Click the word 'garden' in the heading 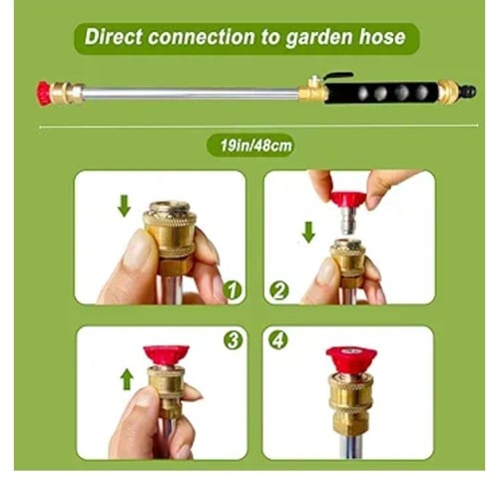(319, 38)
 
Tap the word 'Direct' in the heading (114, 36)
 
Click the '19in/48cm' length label (255, 146)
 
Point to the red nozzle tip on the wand (43, 93)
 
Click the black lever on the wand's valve (337, 77)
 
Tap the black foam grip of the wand (381, 93)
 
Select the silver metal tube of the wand (191, 94)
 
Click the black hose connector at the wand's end (468, 92)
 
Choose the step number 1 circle (233, 290)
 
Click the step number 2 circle (278, 290)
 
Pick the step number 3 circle (233, 340)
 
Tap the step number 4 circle (278, 340)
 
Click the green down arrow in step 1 (124, 206)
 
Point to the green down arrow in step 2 (308, 233)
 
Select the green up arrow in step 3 (127, 379)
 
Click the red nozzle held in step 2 (348, 201)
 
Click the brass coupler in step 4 (351, 403)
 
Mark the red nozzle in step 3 (167, 355)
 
